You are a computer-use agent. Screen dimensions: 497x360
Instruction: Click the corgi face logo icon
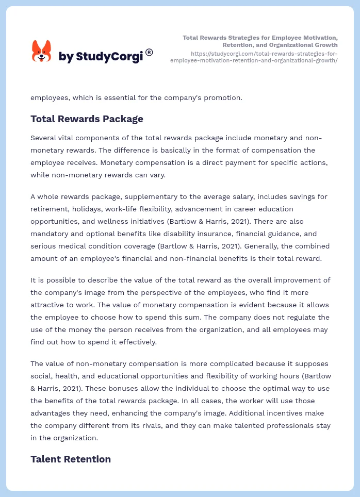(42, 52)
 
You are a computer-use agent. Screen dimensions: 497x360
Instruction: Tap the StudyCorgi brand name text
(101, 57)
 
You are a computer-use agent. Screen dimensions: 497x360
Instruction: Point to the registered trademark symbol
(149, 52)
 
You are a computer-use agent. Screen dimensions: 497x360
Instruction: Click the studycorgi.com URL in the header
(254, 57)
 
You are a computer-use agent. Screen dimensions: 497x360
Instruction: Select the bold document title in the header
(260, 41)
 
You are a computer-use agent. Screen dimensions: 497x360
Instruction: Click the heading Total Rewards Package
(87, 119)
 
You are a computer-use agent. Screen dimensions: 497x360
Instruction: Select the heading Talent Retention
(71, 459)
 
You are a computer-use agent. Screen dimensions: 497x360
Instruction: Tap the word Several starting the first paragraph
(45, 138)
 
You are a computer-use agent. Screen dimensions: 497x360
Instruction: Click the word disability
(155, 234)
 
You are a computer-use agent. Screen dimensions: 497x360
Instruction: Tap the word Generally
(283, 246)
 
